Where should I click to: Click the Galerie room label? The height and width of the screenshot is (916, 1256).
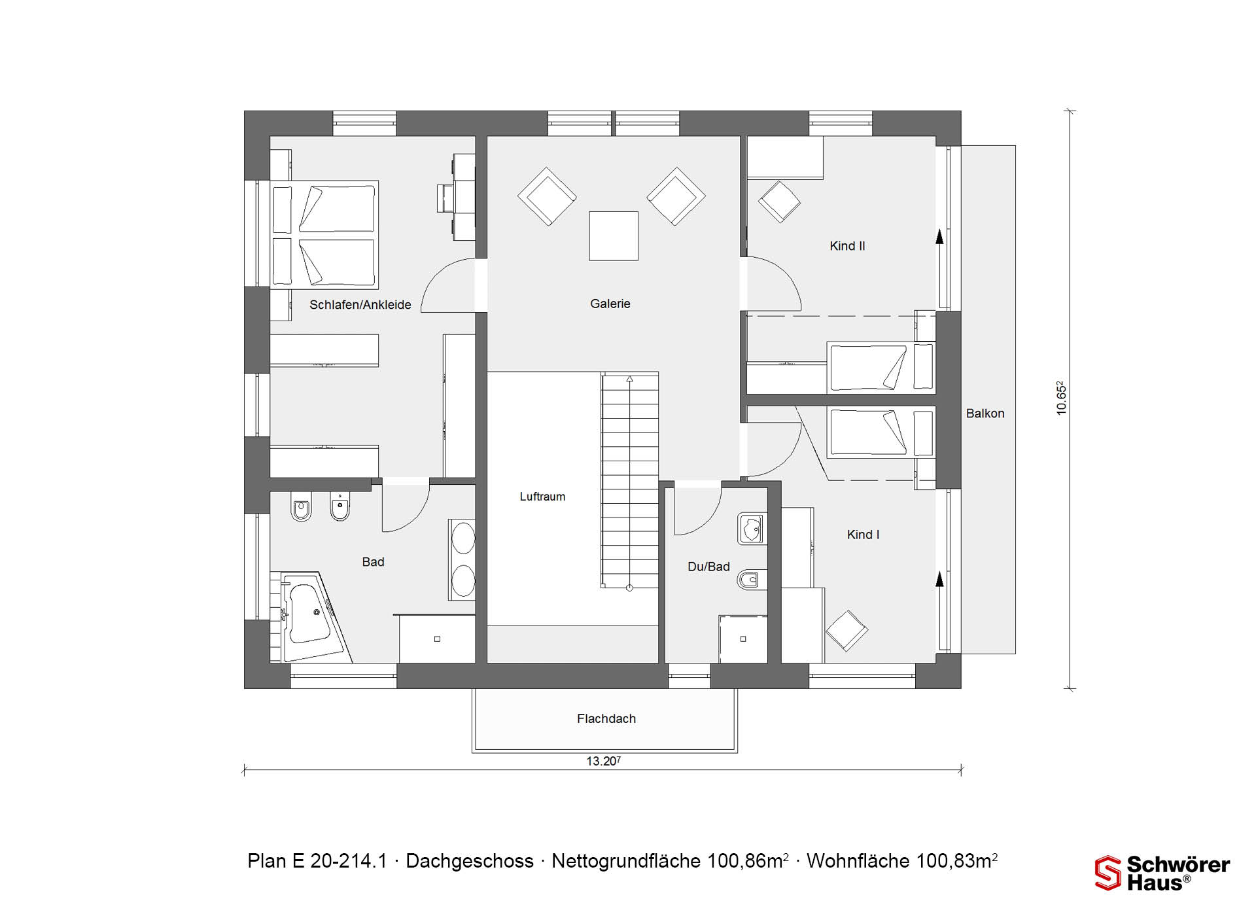click(x=610, y=304)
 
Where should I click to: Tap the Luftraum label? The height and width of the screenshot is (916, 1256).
click(x=542, y=497)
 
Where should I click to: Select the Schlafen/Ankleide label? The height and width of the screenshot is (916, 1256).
click(x=360, y=305)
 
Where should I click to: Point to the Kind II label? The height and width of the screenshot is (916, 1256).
click(x=847, y=246)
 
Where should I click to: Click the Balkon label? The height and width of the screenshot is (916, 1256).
click(x=985, y=414)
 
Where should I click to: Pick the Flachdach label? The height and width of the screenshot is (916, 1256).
click(x=606, y=718)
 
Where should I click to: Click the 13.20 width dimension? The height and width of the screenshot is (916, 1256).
click(x=603, y=761)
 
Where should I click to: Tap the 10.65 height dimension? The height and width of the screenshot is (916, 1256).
click(x=1061, y=398)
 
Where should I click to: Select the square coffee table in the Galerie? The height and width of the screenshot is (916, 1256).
click(x=614, y=236)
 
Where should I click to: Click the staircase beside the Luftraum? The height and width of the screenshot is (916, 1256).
click(x=630, y=481)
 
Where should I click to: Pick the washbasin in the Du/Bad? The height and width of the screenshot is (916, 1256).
click(x=752, y=529)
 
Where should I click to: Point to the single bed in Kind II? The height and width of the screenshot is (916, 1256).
click(x=881, y=367)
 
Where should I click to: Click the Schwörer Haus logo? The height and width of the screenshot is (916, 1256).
click(x=1162, y=873)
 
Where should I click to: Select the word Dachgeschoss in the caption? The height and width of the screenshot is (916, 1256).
click(x=470, y=861)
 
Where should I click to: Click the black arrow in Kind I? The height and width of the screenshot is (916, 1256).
click(x=940, y=579)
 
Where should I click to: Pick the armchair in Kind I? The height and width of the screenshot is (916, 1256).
click(x=846, y=631)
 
